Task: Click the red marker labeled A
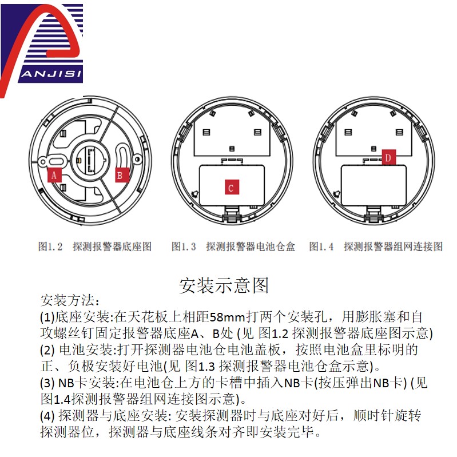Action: pos(54,175)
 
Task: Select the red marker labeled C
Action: pos(232,187)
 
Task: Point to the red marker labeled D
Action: pos(389,158)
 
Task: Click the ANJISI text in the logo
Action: pos(51,74)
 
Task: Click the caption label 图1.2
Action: pos(50,247)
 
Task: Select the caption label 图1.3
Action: pos(184,247)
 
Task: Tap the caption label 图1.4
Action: pos(321,247)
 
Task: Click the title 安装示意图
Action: pos(224,285)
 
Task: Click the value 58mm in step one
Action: pos(227,317)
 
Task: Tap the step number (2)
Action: pos(47,349)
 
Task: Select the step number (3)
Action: pos(47,383)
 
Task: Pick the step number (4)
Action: pos(47,416)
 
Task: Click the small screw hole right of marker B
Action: pos(137,159)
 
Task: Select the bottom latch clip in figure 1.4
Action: pos(373,214)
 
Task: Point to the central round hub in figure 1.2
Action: pos(90,161)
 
